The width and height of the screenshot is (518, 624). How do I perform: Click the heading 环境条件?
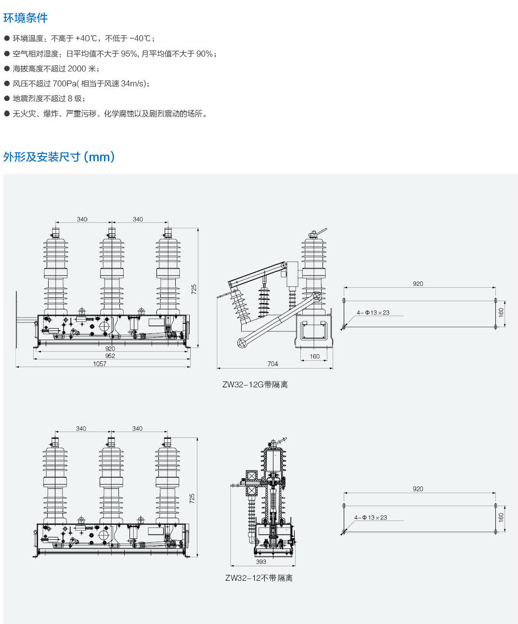coord(26,18)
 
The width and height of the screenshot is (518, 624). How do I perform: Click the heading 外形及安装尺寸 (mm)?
coord(59,157)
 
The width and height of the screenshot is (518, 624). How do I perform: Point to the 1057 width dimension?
coord(100,364)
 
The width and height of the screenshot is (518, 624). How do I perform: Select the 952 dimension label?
coord(110,356)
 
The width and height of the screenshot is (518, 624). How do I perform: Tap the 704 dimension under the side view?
coord(272,364)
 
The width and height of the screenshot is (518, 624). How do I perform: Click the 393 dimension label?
coord(261,561)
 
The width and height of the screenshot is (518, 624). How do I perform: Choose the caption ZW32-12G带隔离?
coord(255,384)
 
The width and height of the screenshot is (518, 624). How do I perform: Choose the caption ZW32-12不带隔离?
coord(259,578)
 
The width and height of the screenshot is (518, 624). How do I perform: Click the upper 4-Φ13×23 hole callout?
coord(373,313)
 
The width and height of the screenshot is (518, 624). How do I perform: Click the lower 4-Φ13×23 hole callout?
coord(371,518)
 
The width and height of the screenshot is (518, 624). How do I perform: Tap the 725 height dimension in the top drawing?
coord(194,289)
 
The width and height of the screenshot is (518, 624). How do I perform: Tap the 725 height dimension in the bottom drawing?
coord(192,498)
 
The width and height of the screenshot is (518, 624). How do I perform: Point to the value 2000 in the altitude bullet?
coord(77,69)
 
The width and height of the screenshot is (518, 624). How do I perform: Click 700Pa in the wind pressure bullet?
coord(65,84)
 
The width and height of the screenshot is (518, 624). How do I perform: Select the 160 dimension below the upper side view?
coord(314,357)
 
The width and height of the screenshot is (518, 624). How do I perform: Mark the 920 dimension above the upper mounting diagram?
coord(418,284)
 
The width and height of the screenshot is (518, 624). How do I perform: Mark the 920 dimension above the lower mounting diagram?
coord(418,489)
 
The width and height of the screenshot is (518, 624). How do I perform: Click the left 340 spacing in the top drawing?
coord(82,219)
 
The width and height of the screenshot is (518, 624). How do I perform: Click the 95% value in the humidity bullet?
coord(129,54)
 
